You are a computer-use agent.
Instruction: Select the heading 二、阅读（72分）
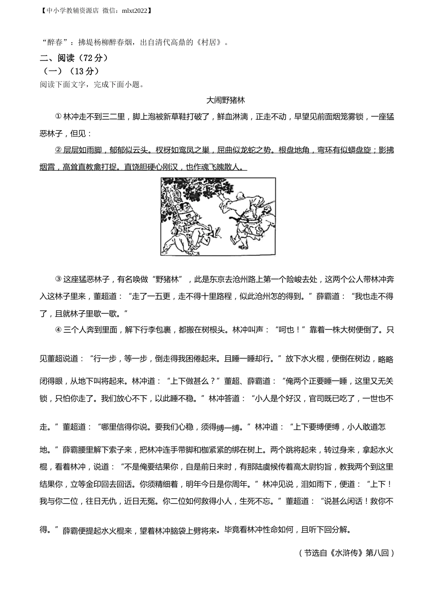point(74,58)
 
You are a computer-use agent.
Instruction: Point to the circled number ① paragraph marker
point(58,116)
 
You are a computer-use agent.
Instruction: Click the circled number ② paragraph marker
point(58,150)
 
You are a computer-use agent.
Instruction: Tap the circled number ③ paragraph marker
point(58,279)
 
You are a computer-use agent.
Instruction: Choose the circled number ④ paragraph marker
point(58,330)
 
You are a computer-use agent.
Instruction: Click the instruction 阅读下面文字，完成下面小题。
point(93,84)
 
